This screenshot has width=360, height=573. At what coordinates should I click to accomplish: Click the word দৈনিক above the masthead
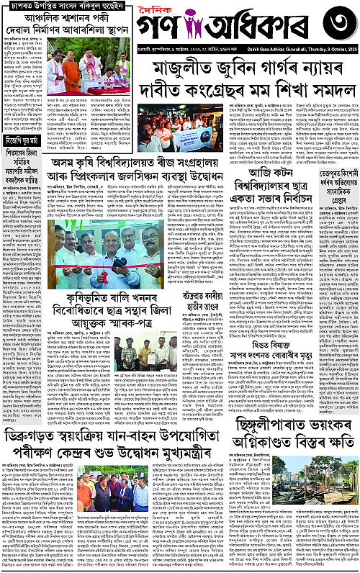[197, 9]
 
